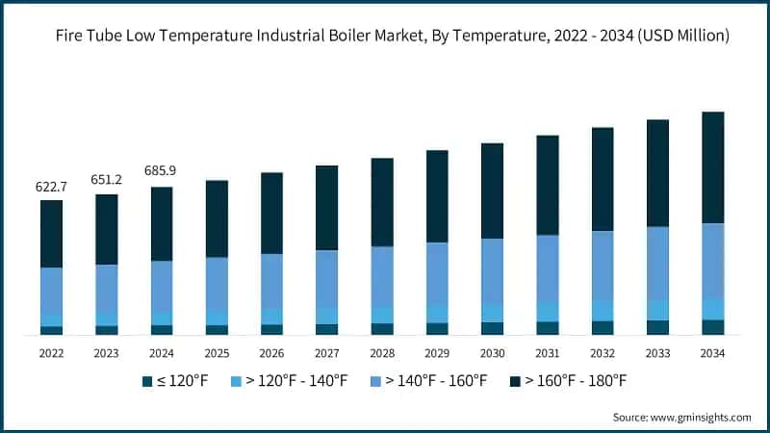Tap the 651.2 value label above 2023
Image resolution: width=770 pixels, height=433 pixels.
(106, 179)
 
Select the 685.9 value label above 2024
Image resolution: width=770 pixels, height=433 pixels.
(161, 170)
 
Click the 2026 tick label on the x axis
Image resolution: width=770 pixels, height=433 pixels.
(271, 353)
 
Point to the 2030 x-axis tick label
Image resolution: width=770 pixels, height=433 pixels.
(493, 353)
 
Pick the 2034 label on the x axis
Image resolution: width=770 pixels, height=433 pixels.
(713, 353)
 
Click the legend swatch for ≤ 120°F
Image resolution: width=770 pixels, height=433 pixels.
(147, 382)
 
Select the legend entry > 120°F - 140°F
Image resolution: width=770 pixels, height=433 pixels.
(289, 382)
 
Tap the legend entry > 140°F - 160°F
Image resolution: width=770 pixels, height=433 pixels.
(428, 382)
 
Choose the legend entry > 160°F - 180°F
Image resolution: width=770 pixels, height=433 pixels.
(568, 382)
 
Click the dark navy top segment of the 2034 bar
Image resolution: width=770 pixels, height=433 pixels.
(713, 167)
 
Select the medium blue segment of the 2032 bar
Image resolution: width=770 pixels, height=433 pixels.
(603, 265)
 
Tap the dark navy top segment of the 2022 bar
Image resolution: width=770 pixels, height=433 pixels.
(51, 234)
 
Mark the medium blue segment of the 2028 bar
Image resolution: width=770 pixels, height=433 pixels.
(382, 276)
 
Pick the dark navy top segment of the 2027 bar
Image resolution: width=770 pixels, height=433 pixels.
(327, 208)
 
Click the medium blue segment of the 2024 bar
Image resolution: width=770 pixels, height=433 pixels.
(161, 286)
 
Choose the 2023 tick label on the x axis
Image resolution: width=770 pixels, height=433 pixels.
(106, 353)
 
